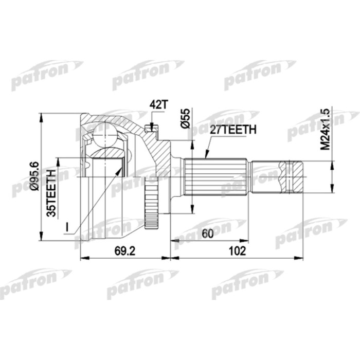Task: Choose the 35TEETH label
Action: pos(51,191)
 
